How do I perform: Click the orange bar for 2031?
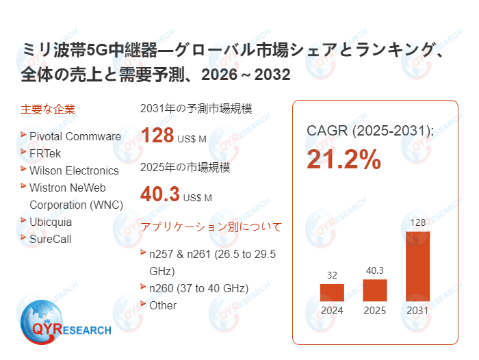417,266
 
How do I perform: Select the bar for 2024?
332,292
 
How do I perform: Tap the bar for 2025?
375,290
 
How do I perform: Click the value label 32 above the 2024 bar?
332,275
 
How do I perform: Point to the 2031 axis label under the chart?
417,310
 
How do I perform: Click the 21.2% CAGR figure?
344,159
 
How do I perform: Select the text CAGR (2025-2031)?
370,130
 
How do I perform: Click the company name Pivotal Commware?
75,136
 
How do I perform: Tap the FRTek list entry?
46,153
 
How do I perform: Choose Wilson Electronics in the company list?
74,170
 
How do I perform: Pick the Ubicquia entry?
51,222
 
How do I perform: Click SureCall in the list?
50,239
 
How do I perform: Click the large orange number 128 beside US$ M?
157,135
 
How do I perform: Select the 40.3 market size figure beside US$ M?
160,194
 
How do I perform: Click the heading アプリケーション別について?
211,227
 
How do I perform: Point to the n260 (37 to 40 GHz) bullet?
198,287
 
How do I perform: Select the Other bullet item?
163,305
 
